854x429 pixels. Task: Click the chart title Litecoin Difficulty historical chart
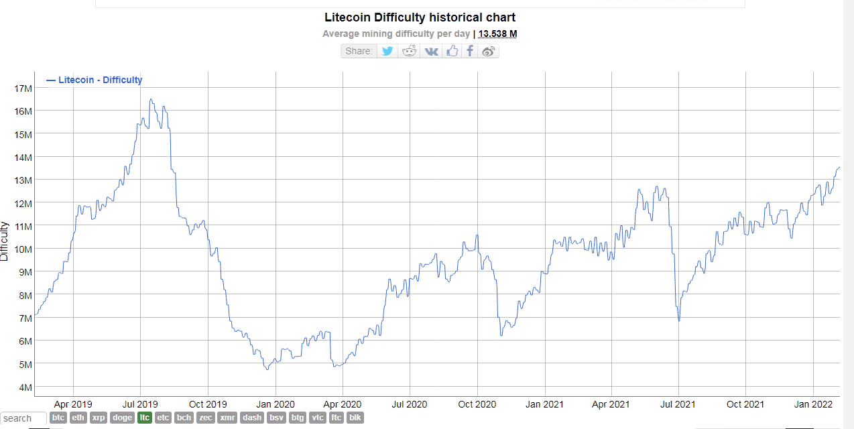(420, 17)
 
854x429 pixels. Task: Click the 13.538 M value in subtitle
(497, 34)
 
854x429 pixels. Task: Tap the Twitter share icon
(387, 51)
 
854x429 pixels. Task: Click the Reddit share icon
(409, 51)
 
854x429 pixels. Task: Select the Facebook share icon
(470, 51)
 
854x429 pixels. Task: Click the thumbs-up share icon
(452, 51)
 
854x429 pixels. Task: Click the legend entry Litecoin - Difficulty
(100, 80)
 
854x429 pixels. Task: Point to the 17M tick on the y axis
(23, 88)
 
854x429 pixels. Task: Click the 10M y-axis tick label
(23, 249)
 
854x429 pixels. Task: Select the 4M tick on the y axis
(25, 387)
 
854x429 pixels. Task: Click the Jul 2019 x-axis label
(140, 404)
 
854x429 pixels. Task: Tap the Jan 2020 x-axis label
(275, 404)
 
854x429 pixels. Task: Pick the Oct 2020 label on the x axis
(477, 404)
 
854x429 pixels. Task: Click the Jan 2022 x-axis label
(813, 404)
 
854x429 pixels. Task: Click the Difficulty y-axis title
(5, 241)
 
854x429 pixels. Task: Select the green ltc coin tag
(144, 418)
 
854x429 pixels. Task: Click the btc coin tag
(58, 418)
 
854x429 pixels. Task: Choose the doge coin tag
(122, 418)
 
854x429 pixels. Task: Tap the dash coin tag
(252, 418)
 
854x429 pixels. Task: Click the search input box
(23, 418)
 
